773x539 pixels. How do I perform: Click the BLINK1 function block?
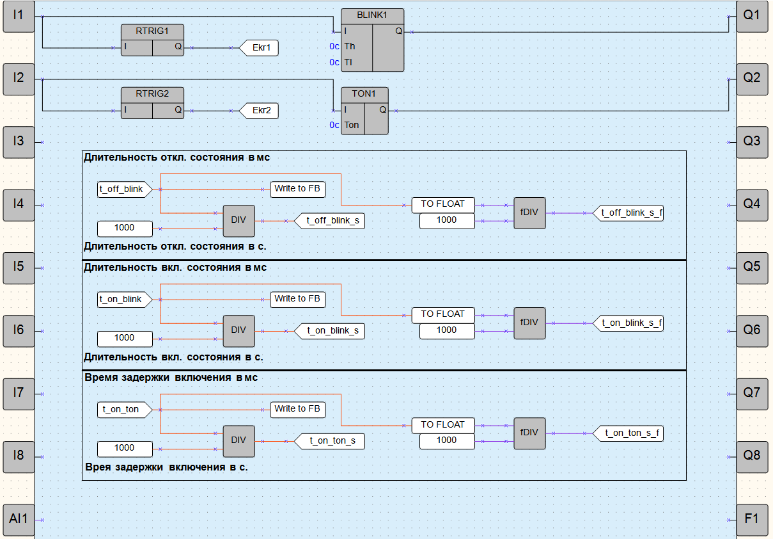[x=372, y=40]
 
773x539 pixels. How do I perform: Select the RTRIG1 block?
[x=152, y=40]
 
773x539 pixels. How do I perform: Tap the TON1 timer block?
[x=364, y=110]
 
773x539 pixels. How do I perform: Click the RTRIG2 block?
[x=152, y=102]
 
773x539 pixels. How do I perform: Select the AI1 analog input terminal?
[x=19, y=519]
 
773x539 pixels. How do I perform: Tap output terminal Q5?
[x=752, y=268]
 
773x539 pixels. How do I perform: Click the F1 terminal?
[x=752, y=519]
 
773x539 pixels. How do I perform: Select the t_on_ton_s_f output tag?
[x=632, y=433]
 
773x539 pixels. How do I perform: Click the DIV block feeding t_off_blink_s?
[x=238, y=220]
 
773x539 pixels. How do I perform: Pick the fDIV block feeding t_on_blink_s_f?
[x=529, y=323]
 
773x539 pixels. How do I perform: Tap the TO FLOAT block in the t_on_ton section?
[x=447, y=424]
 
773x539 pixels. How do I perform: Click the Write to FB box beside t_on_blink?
[x=297, y=299]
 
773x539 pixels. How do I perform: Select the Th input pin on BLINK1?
[x=350, y=46]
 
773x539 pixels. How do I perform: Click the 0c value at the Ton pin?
[x=334, y=125]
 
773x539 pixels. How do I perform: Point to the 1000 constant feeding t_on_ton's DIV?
[x=125, y=448]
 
